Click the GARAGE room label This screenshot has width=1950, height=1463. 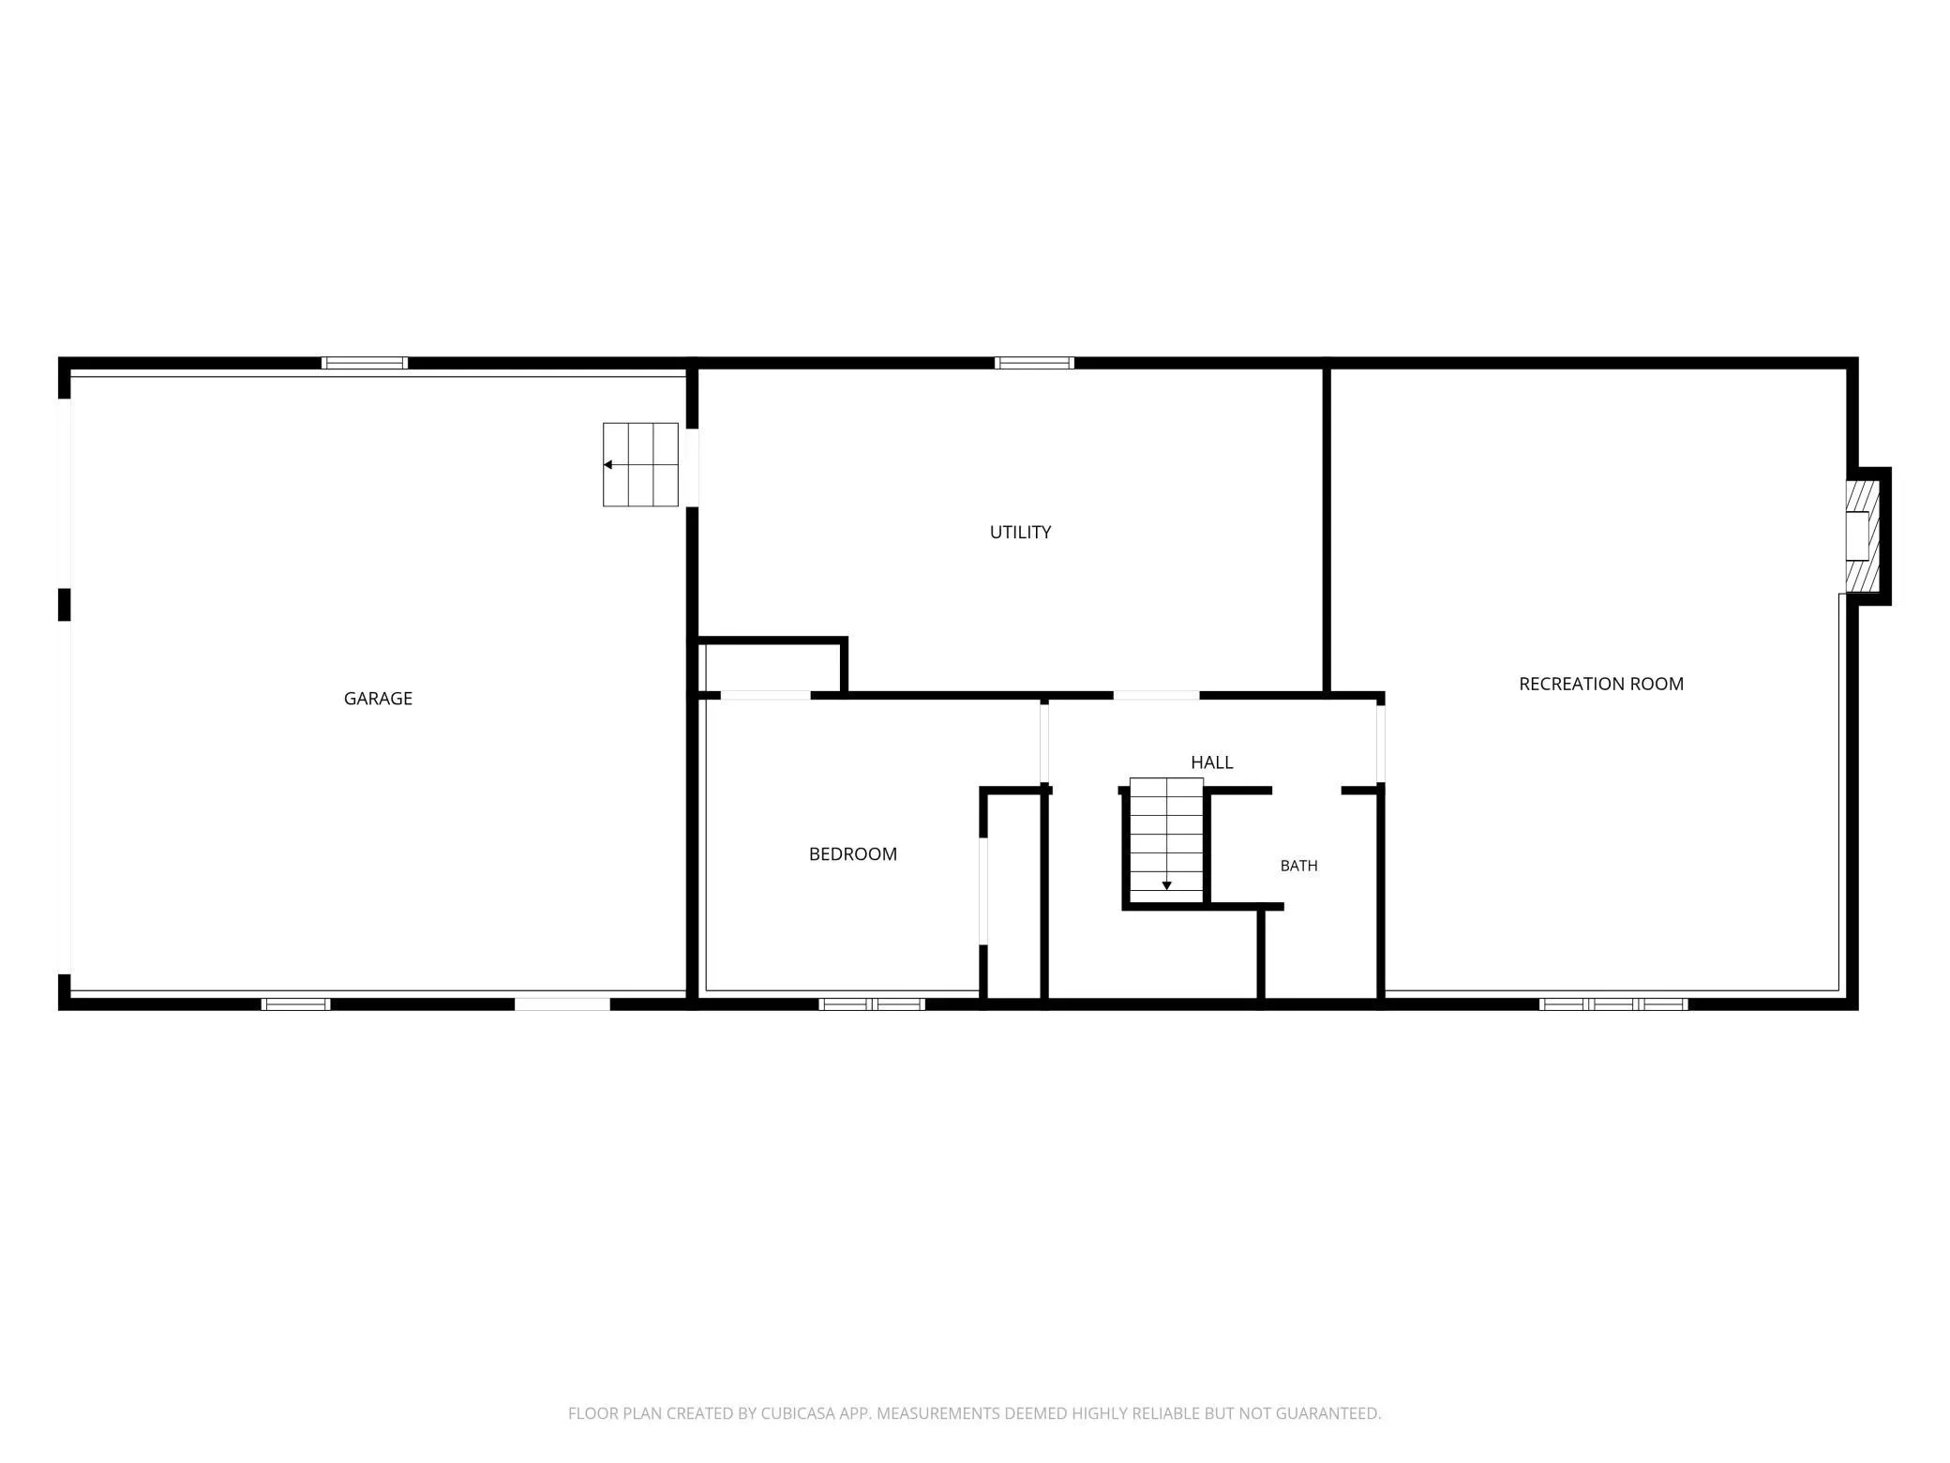(378, 698)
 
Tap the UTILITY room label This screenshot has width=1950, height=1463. (1020, 532)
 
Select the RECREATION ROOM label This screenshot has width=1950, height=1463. (1601, 684)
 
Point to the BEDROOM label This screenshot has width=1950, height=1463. (853, 853)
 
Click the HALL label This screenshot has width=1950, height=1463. (1211, 762)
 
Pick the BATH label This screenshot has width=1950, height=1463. (1298, 866)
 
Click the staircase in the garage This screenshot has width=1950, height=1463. (640, 464)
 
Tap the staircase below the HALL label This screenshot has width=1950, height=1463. (1166, 835)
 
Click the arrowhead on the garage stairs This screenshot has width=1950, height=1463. (607, 464)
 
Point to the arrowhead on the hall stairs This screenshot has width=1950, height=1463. (1166, 885)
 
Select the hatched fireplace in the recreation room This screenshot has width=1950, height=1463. (1863, 535)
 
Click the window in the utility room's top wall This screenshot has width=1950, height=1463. (1034, 363)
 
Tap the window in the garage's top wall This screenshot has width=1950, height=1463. (365, 363)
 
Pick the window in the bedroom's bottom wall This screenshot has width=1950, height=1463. (872, 1003)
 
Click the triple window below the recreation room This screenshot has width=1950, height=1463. (1613, 1003)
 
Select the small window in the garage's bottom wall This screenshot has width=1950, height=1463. (295, 1003)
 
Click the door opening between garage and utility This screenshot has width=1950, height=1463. (692, 468)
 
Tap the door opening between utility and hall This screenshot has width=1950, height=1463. (1156, 695)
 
